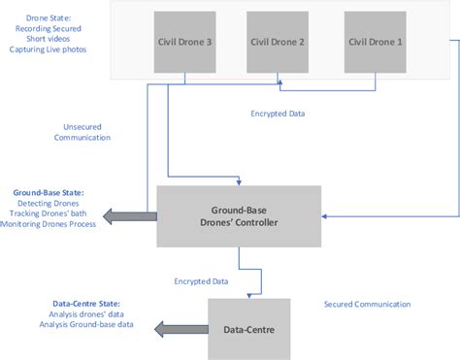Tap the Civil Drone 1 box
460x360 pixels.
click(375, 43)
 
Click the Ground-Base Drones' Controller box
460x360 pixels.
click(238, 215)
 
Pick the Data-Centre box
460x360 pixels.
click(247, 330)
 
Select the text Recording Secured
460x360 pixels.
click(44, 30)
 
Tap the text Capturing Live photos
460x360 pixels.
click(44, 53)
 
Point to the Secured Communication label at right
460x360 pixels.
click(367, 304)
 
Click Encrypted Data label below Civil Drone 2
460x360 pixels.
click(277, 114)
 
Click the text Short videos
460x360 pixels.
click(44, 42)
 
